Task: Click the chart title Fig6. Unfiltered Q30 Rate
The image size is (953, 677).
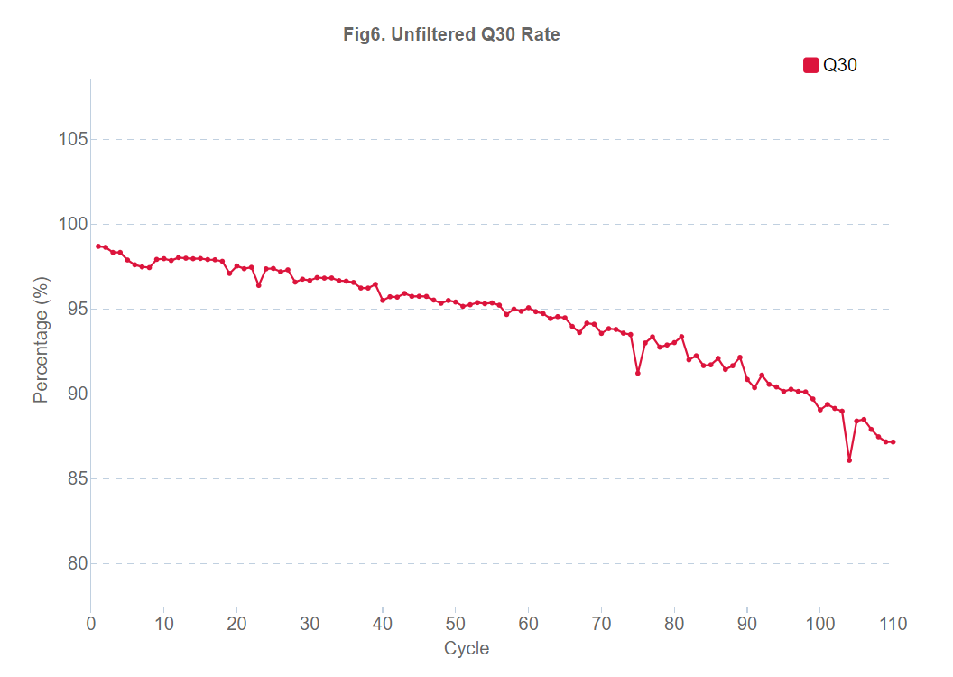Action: tap(451, 35)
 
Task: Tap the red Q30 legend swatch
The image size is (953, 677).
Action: tap(810, 65)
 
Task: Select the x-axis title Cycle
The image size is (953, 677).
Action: tap(467, 648)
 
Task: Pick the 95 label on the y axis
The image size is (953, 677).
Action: tap(73, 310)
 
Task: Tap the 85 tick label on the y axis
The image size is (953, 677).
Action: tap(73, 479)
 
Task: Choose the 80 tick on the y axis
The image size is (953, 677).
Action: tap(73, 564)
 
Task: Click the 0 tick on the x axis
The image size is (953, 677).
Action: tap(91, 624)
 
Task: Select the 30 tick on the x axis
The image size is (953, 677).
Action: tap(310, 624)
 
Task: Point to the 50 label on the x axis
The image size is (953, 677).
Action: tap(456, 624)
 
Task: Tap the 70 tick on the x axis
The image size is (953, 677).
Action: tap(601, 624)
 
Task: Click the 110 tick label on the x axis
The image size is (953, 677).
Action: tap(893, 624)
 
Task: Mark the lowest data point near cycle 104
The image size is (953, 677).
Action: tap(849, 460)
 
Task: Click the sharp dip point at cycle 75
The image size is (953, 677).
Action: tap(638, 373)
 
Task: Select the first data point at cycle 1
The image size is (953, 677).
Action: tap(98, 246)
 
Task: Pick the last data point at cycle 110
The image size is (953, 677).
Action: tap(893, 442)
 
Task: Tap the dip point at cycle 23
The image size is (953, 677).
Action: tap(259, 285)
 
